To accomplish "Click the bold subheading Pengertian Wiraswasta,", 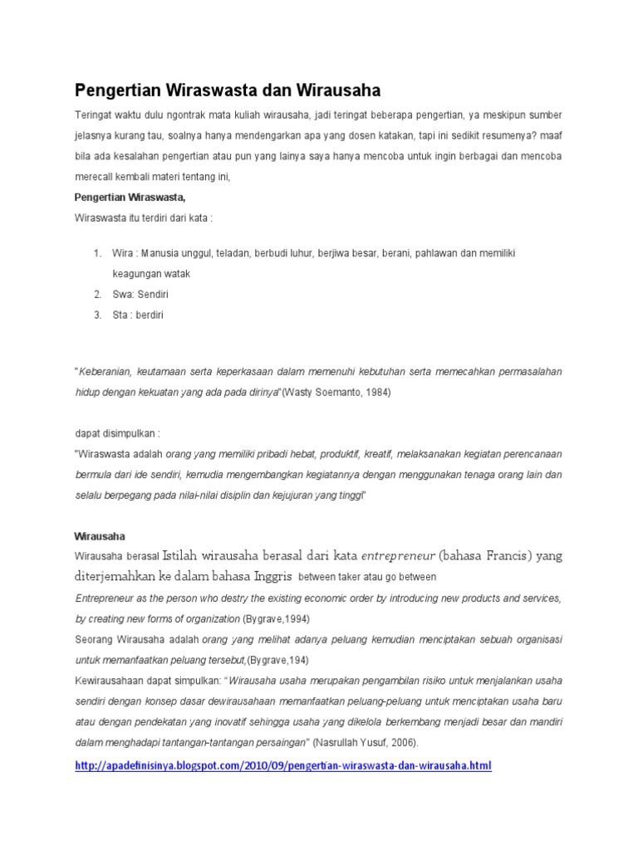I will click(130, 198).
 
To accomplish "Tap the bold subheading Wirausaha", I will click(100, 536).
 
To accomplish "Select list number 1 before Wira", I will click(97, 253).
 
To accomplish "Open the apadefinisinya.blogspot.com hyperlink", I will click(283, 765).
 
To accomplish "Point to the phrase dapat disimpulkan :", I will click(117, 433).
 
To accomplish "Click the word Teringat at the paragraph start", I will click(94, 115).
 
